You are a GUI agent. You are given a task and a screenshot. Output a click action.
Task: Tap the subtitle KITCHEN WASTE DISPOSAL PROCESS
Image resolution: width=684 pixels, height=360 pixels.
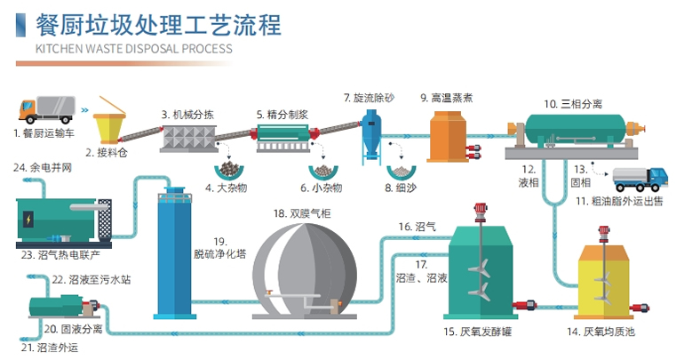click(133, 49)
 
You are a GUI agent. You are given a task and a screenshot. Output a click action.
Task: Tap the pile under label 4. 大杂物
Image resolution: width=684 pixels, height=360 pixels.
click(231, 168)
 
